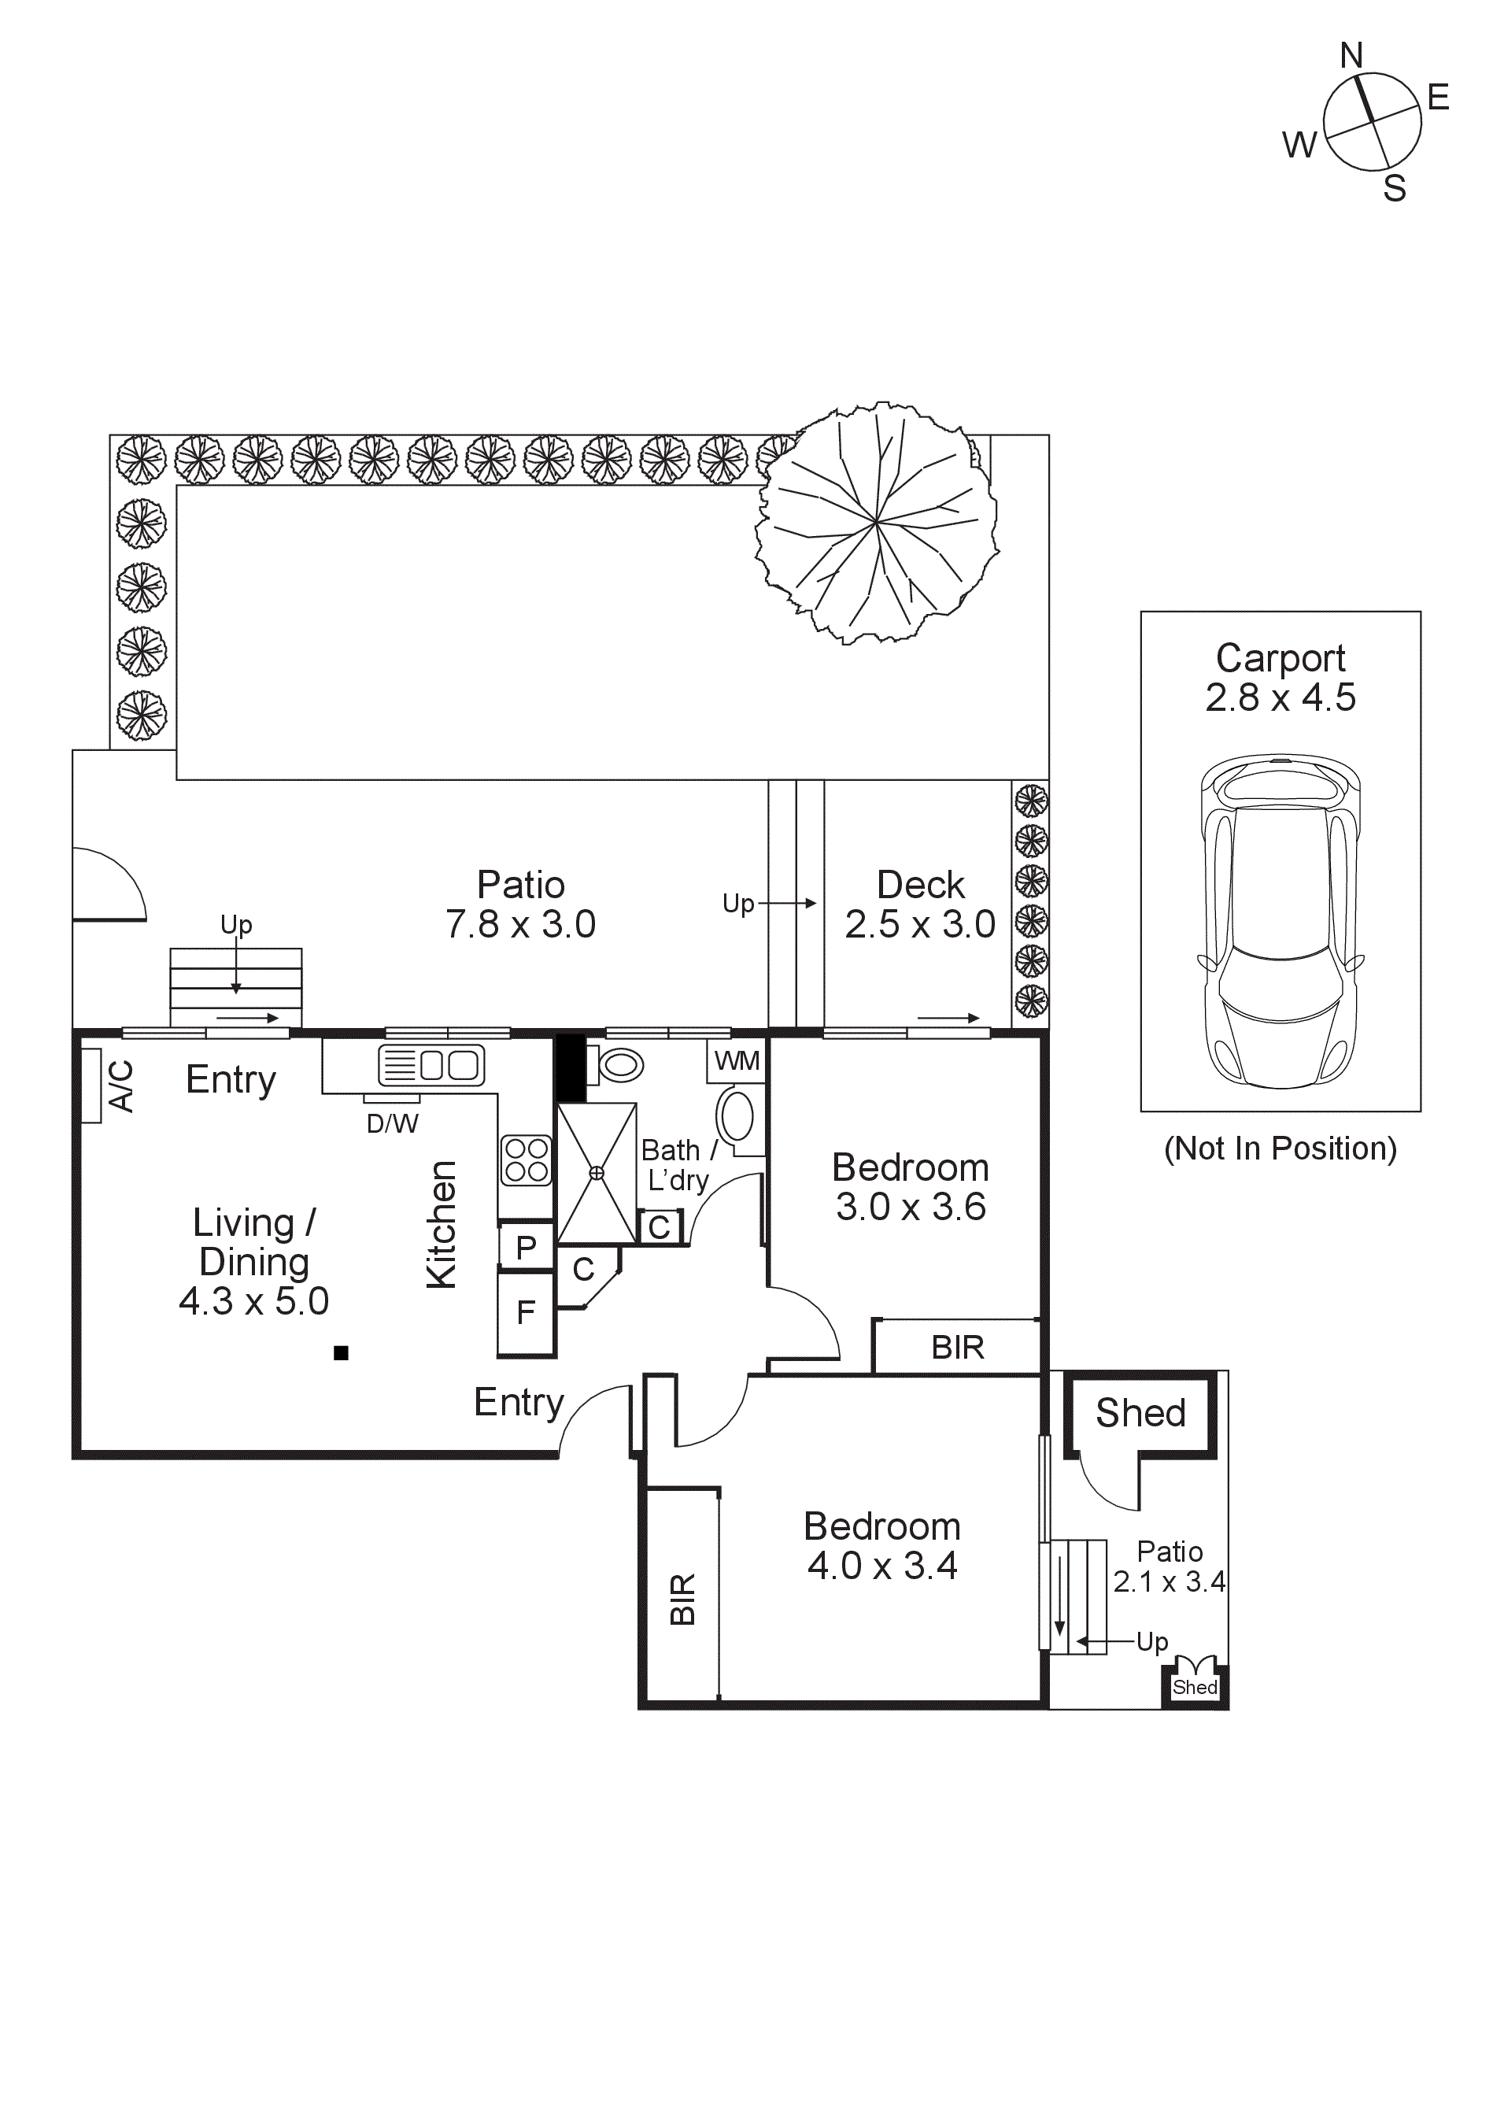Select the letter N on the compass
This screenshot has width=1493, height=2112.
(x=1351, y=56)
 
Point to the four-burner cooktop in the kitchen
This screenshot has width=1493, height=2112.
(x=527, y=1160)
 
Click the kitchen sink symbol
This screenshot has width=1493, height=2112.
(x=431, y=1065)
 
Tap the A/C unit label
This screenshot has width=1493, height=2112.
(x=121, y=1086)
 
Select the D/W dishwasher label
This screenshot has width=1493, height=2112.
(x=392, y=1123)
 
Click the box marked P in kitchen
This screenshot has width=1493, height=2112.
(x=527, y=1248)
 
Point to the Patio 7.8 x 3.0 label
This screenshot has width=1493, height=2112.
(x=521, y=904)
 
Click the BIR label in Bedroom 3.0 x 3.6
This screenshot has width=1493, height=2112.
(x=957, y=1348)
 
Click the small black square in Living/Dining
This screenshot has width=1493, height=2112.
(x=342, y=1352)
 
